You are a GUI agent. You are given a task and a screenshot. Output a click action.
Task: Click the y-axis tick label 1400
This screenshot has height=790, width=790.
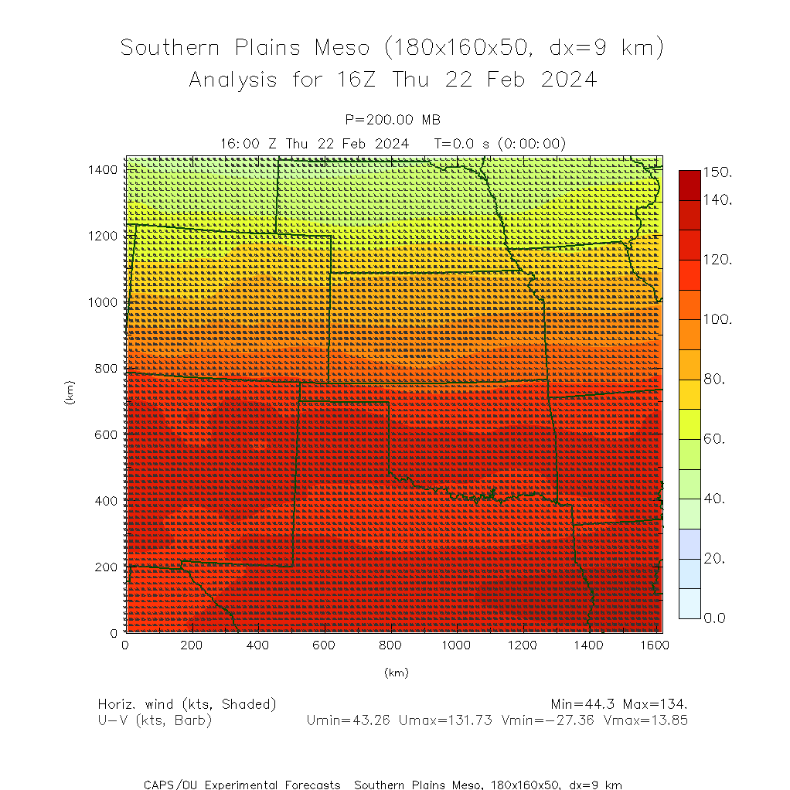[x=102, y=169]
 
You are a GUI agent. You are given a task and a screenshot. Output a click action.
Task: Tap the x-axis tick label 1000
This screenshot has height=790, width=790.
[x=457, y=645]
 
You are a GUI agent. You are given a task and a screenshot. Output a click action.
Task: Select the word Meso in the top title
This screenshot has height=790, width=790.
[x=341, y=48]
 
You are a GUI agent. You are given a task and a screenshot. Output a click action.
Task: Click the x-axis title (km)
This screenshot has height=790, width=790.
[x=396, y=673]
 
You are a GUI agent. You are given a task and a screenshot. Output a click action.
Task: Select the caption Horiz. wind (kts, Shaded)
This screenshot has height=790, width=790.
[x=187, y=704]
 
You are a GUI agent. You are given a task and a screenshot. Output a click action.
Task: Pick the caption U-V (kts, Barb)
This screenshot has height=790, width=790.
[x=155, y=720]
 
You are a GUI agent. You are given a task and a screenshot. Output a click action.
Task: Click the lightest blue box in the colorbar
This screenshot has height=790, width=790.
[x=690, y=603]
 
